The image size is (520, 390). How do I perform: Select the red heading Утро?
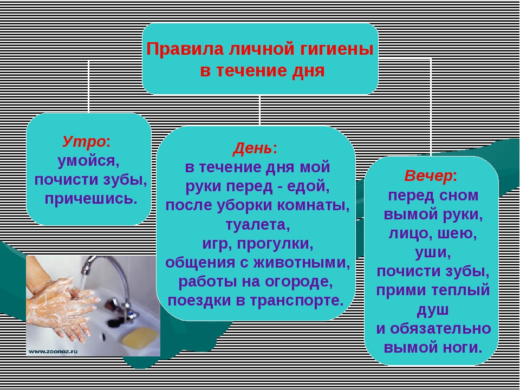tap(84, 142)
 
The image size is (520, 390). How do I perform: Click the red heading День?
tap(252, 148)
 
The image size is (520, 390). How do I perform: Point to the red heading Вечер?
tap(428, 175)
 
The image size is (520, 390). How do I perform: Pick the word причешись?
tap(91, 199)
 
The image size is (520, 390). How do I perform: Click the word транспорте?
tap(297, 301)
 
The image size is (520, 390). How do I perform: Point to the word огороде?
tap(294, 282)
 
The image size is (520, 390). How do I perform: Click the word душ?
tap(433, 310)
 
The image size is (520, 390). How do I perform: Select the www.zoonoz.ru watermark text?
tap(53, 351)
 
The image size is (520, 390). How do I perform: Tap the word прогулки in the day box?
tap(275, 244)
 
